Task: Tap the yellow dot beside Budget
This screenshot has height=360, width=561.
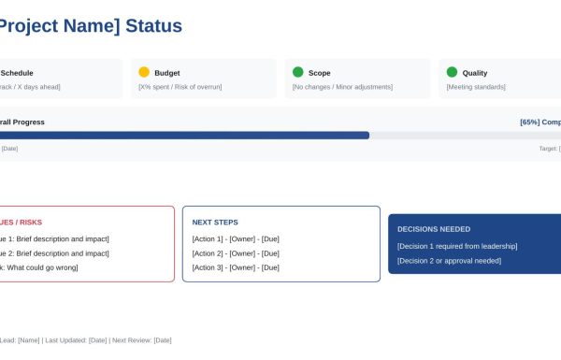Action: pos(144,72)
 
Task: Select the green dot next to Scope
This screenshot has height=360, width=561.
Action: pos(298,72)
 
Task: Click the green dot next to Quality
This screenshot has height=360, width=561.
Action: pos(452,72)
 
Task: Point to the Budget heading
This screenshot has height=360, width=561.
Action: pos(167,73)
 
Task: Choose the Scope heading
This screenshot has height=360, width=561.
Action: pos(320,73)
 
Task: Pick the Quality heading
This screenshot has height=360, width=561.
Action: pos(475,73)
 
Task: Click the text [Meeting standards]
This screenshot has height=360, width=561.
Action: pos(476,87)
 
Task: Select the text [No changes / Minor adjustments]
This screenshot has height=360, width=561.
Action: pos(342,87)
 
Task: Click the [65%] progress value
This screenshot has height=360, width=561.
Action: pos(529,122)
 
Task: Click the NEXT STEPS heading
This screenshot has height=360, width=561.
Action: pos(215,223)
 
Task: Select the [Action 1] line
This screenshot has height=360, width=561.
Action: pos(236,238)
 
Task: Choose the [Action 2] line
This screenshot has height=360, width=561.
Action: pos(236,253)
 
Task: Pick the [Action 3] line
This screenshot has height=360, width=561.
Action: pos(236,267)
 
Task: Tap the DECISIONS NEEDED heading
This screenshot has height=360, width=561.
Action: pos(434,229)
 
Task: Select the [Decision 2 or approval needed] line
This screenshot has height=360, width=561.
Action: pos(449,261)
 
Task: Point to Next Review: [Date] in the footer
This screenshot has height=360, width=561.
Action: pos(141,340)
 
